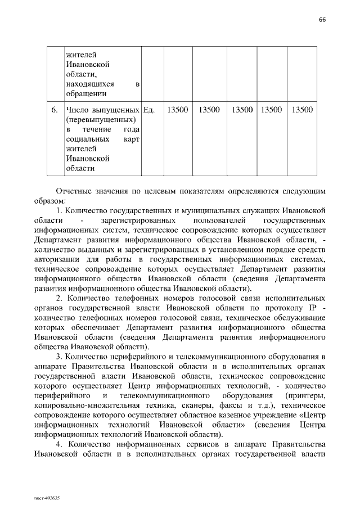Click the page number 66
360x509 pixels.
pos(322,19)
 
